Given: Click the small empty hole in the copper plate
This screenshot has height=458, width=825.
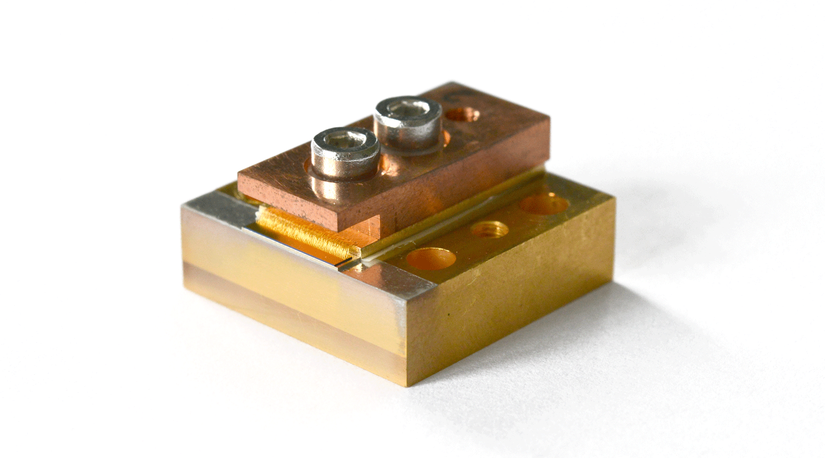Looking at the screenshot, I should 463,114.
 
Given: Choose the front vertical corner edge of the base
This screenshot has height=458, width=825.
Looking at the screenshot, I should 404,340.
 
